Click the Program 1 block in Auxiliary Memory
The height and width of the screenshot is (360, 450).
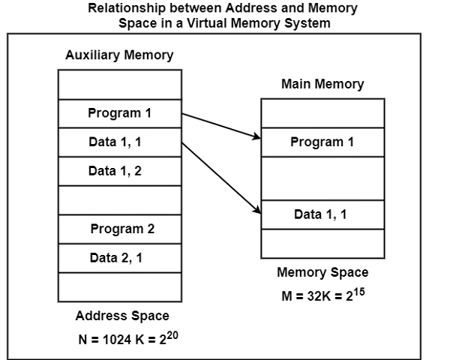120,113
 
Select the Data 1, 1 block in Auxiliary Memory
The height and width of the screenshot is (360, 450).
120,142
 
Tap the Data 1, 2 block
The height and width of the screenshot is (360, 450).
120,171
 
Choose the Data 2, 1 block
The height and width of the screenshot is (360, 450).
120,258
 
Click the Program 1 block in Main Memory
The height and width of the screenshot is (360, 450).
322,142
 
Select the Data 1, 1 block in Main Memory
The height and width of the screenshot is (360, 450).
322,214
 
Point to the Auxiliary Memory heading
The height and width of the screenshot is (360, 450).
119,55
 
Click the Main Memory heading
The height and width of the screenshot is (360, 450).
322,84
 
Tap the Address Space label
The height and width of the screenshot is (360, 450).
122,316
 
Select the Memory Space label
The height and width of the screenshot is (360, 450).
322,272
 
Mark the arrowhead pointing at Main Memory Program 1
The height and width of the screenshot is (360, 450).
256,136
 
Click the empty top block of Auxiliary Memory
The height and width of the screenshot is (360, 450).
120,84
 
